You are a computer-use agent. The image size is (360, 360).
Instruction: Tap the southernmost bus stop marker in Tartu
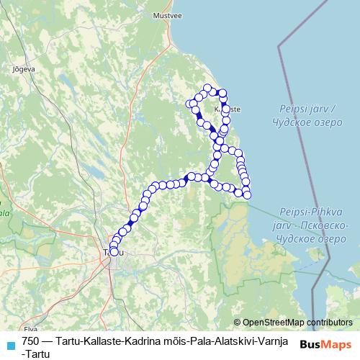113,252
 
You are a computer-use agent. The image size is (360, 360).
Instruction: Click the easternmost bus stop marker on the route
247,195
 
